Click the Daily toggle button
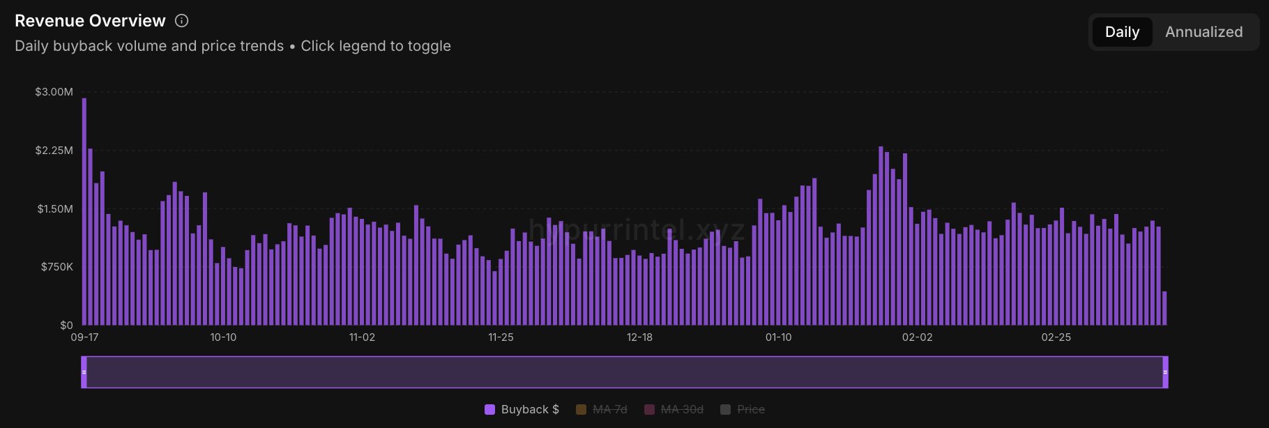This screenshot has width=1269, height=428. pos(1122,32)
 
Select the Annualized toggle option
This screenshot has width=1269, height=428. pos(1203,32)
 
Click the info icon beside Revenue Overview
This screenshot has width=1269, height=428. pos(181,21)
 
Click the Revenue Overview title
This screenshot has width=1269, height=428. pos(90,21)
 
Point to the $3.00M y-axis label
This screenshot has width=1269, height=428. pos(54,92)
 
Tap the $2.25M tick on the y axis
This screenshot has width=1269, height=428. pos(54,151)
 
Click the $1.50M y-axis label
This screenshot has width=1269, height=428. pos(54,209)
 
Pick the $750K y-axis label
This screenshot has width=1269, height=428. pos(56,267)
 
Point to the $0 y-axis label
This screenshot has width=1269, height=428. pos(66,325)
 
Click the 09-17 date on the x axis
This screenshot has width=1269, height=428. pos(84,337)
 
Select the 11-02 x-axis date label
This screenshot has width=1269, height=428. pos(362,337)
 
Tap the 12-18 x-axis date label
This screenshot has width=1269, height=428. pos(639,337)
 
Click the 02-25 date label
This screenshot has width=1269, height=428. pos(1056,337)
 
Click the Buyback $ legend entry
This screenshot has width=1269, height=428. pos(522,409)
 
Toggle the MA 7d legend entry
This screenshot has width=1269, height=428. pos(602,409)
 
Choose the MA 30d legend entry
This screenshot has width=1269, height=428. pos(674,409)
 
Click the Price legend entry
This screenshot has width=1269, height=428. pos(743,409)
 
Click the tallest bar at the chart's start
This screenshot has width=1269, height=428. pos(84,209)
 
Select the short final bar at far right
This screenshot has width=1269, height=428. pos(1164,309)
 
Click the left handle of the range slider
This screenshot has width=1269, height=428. pos(84,372)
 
